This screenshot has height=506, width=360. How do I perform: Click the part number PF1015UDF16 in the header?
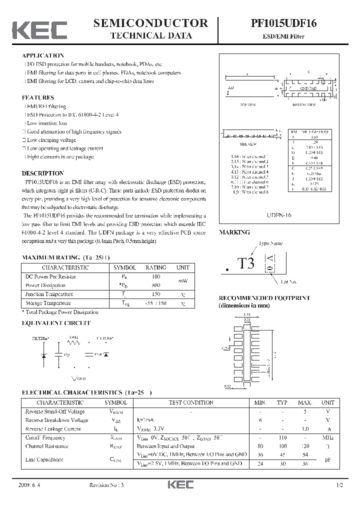[283, 23]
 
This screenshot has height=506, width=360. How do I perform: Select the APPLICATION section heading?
[43, 55]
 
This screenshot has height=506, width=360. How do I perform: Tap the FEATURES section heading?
[38, 97]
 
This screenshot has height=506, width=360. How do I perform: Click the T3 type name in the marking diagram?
[246, 263]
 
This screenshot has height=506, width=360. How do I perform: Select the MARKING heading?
[234, 232]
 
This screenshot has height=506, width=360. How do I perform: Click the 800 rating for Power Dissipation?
[155, 285]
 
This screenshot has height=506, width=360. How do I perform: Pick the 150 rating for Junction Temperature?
[155, 294]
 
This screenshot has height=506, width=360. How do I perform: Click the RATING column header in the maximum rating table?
[155, 267]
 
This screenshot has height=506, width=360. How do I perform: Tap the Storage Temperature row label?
[48, 303]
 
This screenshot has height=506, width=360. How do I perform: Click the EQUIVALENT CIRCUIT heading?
[56, 323]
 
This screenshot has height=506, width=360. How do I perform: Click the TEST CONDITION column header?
[191, 402]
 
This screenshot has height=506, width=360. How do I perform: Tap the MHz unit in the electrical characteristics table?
[327, 437]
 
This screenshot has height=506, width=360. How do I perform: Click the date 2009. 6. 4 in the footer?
[31, 485]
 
